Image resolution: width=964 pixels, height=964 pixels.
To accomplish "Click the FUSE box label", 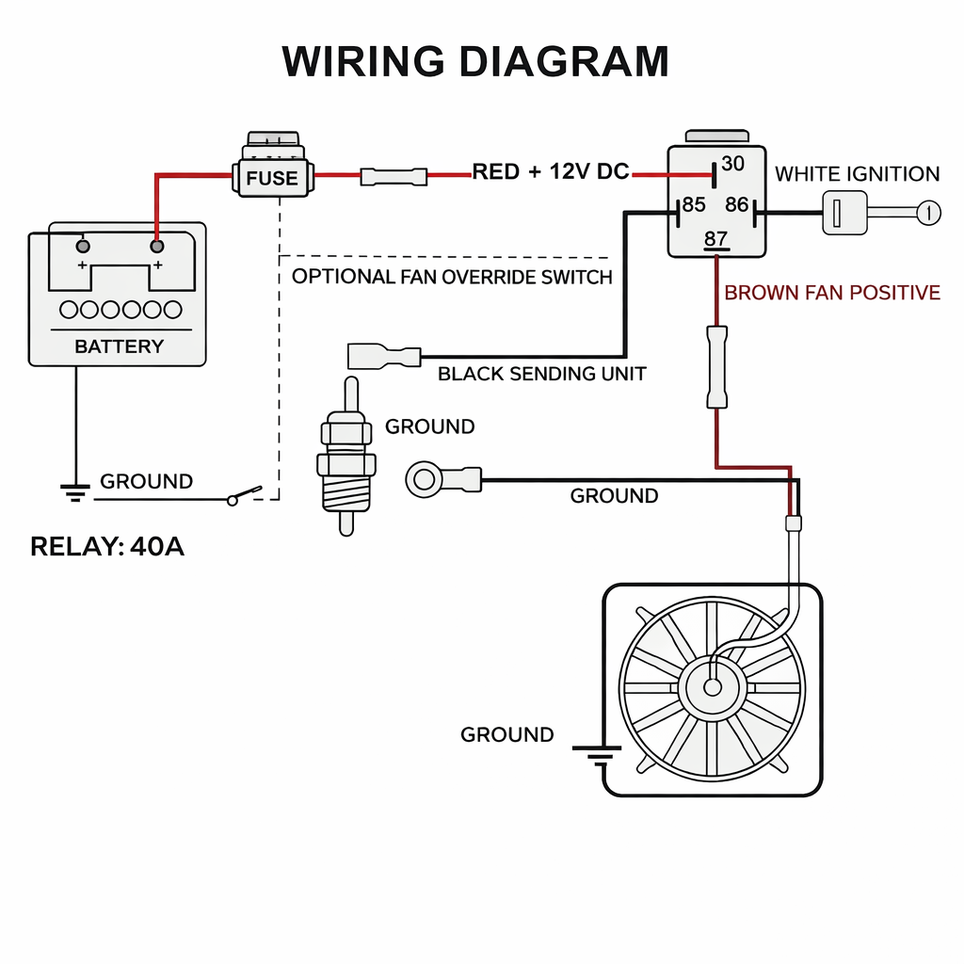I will coord(271,178).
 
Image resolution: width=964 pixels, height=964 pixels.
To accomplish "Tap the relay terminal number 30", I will coord(732,164).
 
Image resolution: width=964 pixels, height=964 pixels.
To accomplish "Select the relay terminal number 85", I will coord(694,204).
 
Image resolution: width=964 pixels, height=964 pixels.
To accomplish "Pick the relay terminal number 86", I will coord(737,204).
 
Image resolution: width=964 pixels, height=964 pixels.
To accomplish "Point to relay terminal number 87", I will coord(715,239).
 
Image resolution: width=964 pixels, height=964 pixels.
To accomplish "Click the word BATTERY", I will coord(119,346).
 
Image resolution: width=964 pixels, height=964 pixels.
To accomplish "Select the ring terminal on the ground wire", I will coord(424,480).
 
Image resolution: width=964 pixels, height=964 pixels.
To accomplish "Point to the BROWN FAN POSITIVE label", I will coord(832,293).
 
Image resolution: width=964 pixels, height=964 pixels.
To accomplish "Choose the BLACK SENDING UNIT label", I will coord(542,374).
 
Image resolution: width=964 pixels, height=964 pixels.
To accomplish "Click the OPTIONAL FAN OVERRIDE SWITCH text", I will coord(452,277).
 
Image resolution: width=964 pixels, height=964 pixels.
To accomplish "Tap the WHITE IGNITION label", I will coord(857,174).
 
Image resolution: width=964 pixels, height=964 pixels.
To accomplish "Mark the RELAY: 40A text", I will coord(107,547).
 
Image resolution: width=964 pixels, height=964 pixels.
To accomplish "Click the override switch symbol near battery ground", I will coord(245,496).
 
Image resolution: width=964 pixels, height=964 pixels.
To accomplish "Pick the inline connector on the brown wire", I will coord(717,366).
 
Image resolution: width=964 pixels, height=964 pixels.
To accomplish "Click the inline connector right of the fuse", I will coord(394,176).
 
